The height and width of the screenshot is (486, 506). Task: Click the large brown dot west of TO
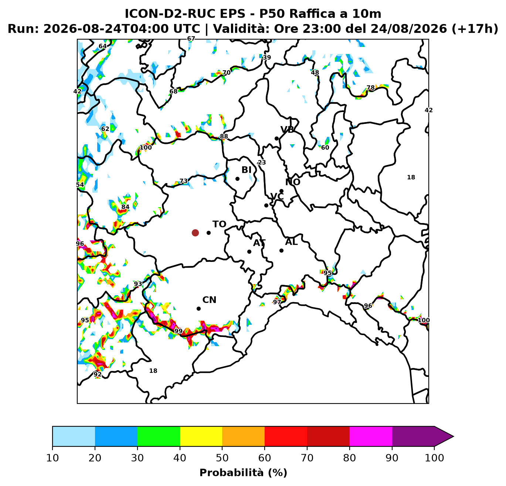[x=195, y=233]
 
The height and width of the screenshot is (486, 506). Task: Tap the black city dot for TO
[x=208, y=233]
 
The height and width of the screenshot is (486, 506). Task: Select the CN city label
[x=209, y=300]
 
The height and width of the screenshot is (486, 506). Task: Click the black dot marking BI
[x=237, y=179]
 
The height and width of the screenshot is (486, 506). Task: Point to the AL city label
[x=291, y=242]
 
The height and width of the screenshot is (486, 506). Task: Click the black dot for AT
[x=249, y=252]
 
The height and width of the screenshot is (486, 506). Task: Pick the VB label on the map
[x=287, y=129]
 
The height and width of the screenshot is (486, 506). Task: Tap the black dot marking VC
[x=266, y=206]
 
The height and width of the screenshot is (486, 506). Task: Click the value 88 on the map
[x=224, y=136]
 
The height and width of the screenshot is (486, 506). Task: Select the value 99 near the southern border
[x=178, y=331]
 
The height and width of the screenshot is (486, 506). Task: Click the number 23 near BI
[x=262, y=162]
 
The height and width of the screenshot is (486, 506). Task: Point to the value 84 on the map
[x=125, y=207]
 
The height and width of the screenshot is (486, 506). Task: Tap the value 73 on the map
[x=184, y=181]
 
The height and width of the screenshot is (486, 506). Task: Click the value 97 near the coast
[x=277, y=302]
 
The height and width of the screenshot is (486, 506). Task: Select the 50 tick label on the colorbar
[x=222, y=458]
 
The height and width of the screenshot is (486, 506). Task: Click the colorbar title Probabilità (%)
[x=243, y=472]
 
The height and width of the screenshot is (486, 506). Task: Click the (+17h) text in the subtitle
[x=475, y=29]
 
